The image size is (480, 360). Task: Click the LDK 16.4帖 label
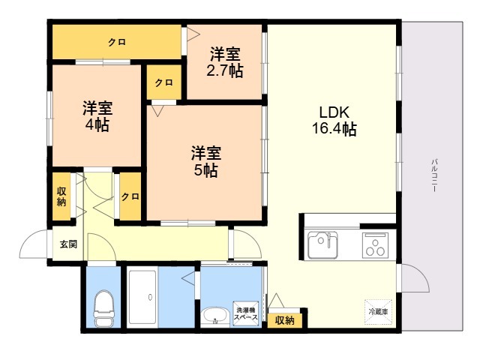(x=334, y=121)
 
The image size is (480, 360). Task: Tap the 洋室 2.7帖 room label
(x=225, y=62)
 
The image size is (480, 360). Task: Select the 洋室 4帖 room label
(x=97, y=116)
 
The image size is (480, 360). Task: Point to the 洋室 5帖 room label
(x=206, y=162)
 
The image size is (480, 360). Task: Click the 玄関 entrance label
(x=68, y=244)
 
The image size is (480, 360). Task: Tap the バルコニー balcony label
(x=433, y=175)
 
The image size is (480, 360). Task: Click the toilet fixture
(x=103, y=308)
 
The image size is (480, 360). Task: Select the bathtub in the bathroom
(x=142, y=297)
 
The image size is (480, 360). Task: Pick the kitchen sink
(x=322, y=245)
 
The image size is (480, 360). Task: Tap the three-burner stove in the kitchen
(x=376, y=245)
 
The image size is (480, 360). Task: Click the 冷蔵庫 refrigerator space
(x=378, y=312)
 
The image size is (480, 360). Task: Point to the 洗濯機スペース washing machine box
(x=246, y=313)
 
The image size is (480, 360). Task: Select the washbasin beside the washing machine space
(x=215, y=316)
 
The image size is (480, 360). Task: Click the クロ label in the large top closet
(x=117, y=42)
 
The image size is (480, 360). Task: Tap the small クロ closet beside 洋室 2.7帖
(x=164, y=82)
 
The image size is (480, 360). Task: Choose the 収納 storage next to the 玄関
(x=61, y=196)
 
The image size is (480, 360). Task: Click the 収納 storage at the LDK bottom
(x=285, y=320)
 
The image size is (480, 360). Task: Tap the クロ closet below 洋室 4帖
(x=130, y=196)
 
